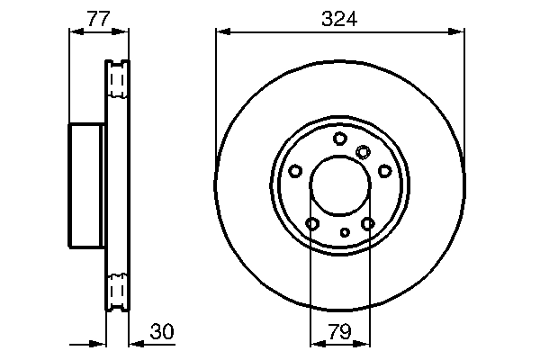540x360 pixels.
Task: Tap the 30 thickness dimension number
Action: pyautogui.click(x=160, y=332)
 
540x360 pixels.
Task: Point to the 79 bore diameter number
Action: pyautogui.click(x=339, y=332)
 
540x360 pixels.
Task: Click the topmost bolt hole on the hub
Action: pyautogui.click(x=339, y=138)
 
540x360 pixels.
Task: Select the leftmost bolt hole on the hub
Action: pyautogui.click(x=295, y=171)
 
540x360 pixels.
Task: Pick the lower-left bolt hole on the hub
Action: pyautogui.click(x=312, y=223)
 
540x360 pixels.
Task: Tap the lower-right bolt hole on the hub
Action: pyautogui.click(x=367, y=223)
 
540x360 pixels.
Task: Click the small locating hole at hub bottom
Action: pyautogui.click(x=345, y=232)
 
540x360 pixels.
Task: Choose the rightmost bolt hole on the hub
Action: pyautogui.click(x=384, y=170)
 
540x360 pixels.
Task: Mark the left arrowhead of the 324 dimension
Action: pyautogui.click(x=221, y=32)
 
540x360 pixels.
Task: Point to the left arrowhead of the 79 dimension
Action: pyautogui.click(x=315, y=343)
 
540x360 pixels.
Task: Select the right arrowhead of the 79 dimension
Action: pyautogui.click(x=364, y=343)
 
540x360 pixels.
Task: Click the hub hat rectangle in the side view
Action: pyautogui.click(x=86, y=185)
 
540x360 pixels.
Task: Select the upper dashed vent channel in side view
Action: pyautogui.click(x=116, y=81)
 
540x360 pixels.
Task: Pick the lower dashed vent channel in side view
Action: pyautogui.click(x=116, y=289)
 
